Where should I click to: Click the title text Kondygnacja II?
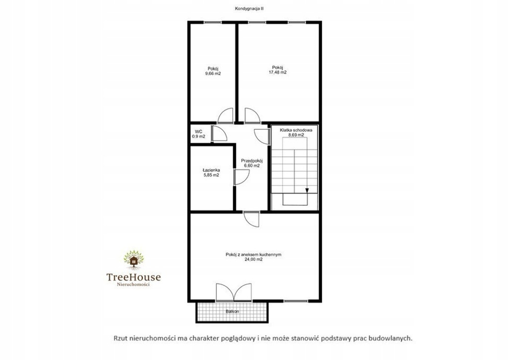coord(249,9)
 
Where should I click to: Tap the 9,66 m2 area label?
coord(213,74)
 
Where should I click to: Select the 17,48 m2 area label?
coord(277,73)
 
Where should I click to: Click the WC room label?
coord(199,131)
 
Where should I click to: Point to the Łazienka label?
coord(211,170)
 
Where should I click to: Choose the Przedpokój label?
coord(252,161)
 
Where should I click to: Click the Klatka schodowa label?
coord(296,130)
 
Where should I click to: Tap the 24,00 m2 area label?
coord(254,260)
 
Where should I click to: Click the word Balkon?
coord(233,311)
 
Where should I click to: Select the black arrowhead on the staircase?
coord(307,190)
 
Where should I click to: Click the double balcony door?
coord(234,293)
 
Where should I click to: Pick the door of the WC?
coord(219,133)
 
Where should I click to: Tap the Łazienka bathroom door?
coord(241,177)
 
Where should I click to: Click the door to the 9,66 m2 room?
coord(225,115)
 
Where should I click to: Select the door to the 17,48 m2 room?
coord(252,115)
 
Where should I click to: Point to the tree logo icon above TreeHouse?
coord(133,259)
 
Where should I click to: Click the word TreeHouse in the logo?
coord(133,277)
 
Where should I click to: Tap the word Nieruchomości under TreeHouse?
coord(133,285)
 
